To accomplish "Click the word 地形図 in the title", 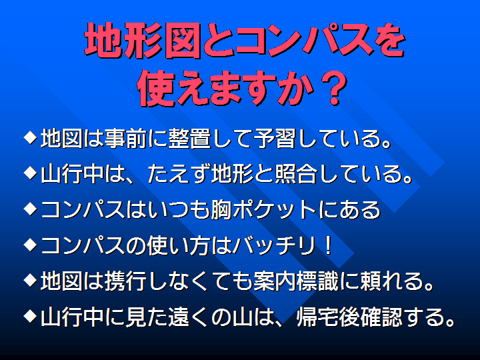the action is [143, 41].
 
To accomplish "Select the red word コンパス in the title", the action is [305, 40].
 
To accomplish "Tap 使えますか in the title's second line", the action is [226, 88].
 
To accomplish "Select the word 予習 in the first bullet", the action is [275, 139].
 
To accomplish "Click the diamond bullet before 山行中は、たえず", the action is [30, 173].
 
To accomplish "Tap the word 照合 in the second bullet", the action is [296, 174].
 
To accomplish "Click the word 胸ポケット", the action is [263, 210].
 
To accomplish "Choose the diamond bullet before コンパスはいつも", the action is [30, 209].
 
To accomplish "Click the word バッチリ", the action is [274, 245].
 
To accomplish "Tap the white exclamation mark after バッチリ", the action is [329, 245].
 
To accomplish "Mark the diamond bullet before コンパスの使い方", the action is [30, 244].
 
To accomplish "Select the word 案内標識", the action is [296, 281].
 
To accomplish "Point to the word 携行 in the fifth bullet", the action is [125, 281].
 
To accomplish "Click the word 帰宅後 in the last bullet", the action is [328, 317].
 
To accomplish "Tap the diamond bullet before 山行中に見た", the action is [30, 315].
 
